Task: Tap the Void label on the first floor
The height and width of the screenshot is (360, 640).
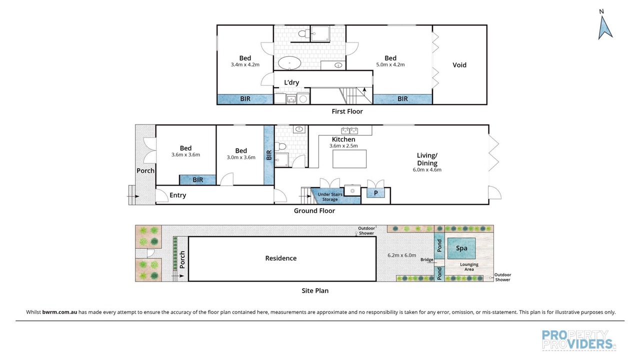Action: [x=459, y=65]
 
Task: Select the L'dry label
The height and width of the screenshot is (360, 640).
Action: [x=291, y=82]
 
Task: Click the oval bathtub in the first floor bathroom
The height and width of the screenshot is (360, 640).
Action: [x=289, y=63]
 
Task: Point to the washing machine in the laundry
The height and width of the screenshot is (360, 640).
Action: [x=303, y=98]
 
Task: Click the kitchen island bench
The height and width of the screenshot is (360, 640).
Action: [x=349, y=159]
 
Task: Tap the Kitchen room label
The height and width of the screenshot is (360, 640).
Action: [x=343, y=139]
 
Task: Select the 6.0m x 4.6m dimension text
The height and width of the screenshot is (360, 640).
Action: [x=427, y=169]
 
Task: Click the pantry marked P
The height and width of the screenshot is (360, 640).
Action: [x=375, y=193]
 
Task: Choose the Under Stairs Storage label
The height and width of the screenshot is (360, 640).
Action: [x=330, y=197]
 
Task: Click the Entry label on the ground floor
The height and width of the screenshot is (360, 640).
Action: [x=177, y=195]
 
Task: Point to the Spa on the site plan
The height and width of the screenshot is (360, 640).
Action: [x=461, y=248]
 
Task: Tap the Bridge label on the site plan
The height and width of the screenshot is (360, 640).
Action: [x=426, y=259]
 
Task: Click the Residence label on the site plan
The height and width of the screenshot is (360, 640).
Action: [x=281, y=258]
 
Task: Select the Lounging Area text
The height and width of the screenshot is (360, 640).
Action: [x=469, y=267]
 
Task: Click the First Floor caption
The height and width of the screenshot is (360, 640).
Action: [x=347, y=111]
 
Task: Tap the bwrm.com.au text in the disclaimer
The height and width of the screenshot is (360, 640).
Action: [x=59, y=312]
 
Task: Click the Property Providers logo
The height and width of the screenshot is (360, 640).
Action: [x=579, y=340]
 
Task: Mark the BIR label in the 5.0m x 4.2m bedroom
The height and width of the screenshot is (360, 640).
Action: [x=402, y=99]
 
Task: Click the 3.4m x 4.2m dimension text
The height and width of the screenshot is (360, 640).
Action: [x=245, y=65]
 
